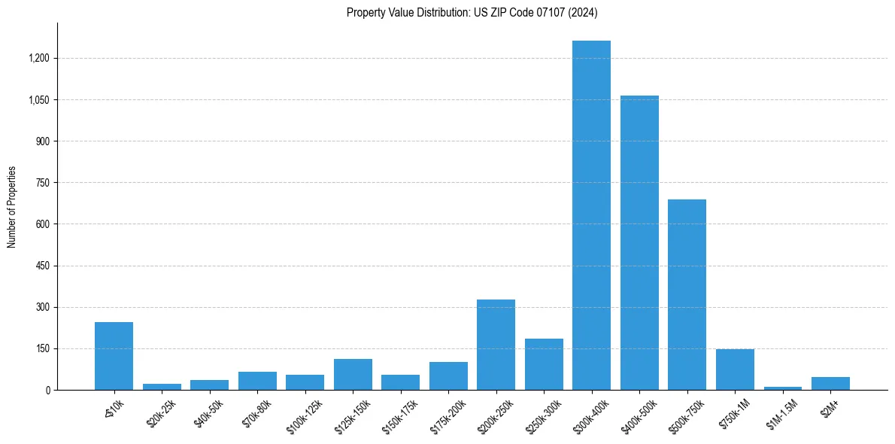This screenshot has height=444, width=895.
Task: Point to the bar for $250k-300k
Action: click(x=544, y=364)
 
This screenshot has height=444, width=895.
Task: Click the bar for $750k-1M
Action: click(x=735, y=369)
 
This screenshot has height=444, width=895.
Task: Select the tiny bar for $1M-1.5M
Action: click(x=782, y=388)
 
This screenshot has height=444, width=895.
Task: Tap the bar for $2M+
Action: click(x=830, y=383)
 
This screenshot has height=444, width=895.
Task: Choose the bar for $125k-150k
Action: click(x=353, y=374)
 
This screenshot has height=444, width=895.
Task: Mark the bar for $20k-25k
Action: click(x=162, y=387)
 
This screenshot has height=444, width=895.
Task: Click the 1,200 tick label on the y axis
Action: click(x=39, y=59)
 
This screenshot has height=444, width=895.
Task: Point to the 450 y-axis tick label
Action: click(x=43, y=266)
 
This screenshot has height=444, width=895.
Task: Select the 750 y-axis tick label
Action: click(x=43, y=183)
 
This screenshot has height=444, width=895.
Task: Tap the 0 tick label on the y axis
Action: click(x=47, y=390)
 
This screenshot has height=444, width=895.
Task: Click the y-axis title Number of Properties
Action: click(x=12, y=207)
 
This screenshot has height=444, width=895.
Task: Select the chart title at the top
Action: click(x=472, y=12)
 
